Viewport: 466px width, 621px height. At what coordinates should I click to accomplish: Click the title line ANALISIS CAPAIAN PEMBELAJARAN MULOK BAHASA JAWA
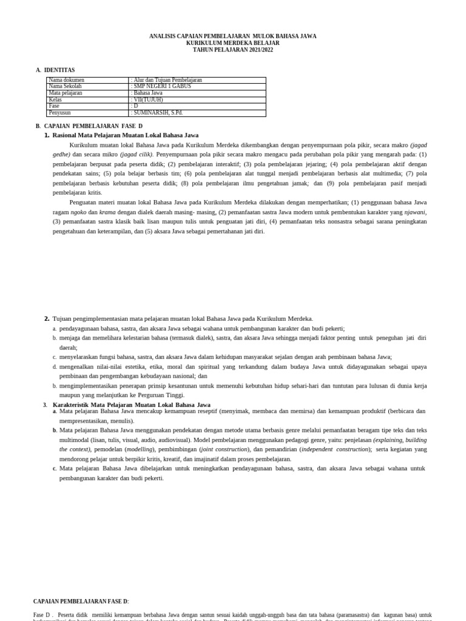[232, 36]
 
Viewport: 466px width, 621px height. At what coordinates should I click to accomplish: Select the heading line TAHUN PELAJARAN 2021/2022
[232, 50]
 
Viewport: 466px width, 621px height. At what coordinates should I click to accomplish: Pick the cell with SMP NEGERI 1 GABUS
[162, 87]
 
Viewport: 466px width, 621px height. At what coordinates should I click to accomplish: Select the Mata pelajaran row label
[66, 93]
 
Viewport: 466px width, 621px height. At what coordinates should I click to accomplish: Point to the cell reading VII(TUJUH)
[149, 99]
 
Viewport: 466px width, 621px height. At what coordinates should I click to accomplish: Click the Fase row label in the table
[55, 106]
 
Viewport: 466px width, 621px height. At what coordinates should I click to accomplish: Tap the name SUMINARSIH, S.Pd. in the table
[158, 113]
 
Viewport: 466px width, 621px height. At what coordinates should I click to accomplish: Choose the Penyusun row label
[60, 113]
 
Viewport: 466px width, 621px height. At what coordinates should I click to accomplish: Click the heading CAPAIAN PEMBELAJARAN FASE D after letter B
[93, 126]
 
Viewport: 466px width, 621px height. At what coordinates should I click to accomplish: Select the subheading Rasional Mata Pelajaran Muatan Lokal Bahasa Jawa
[126, 135]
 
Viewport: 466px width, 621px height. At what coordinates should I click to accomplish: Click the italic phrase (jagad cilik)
[137, 155]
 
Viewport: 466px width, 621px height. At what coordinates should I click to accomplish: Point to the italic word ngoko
[78, 212]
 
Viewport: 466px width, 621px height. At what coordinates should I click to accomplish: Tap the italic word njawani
[415, 212]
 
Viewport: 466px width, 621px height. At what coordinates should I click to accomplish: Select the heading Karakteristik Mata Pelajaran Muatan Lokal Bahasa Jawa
[132, 404]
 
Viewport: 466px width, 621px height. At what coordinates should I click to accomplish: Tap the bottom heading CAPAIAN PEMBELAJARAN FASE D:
[81, 601]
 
